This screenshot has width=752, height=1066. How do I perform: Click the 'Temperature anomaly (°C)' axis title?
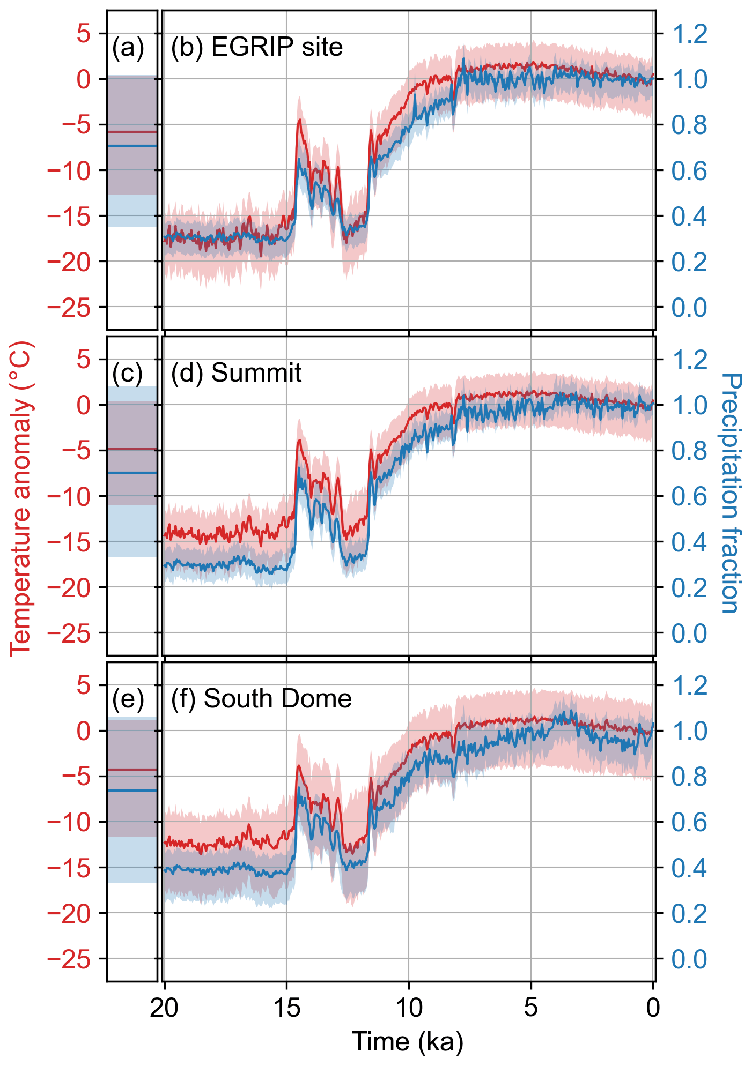[21, 498]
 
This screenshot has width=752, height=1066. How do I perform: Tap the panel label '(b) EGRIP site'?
[256, 47]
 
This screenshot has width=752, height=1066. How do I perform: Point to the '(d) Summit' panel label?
[236, 372]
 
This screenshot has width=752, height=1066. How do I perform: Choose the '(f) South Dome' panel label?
[261, 699]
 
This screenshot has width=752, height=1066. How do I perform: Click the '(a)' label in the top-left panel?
[128, 47]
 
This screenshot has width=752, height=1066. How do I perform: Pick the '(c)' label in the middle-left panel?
[128, 373]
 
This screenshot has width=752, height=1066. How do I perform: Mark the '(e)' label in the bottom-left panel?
[128, 699]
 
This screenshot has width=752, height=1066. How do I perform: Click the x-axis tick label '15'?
[286, 1008]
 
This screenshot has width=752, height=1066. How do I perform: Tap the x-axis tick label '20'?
[164, 1008]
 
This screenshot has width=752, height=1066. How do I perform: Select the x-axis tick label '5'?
[530, 1008]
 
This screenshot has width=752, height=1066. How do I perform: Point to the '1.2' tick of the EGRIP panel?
[689, 34]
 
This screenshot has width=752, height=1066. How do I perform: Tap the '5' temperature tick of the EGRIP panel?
[84, 34]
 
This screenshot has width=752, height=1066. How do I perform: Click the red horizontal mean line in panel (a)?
[132, 131]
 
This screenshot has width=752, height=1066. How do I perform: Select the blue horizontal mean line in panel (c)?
[132, 472]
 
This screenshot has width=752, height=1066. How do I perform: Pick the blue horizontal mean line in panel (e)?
[132, 791]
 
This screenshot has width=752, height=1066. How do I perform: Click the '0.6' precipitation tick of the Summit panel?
[689, 496]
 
